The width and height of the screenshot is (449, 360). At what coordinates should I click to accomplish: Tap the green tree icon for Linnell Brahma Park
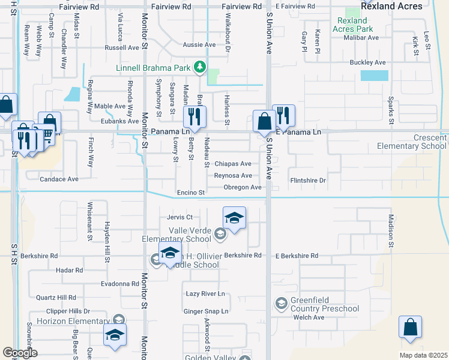pyautogui.click(x=202, y=67)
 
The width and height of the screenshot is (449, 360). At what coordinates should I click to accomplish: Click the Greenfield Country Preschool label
pyautogui.click(x=325, y=305)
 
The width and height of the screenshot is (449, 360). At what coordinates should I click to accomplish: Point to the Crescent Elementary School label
pyautogui.click(x=412, y=142)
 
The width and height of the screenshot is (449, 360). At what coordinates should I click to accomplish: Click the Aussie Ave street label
pyautogui.click(x=199, y=45)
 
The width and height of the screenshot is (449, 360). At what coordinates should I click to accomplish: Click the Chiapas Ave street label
pyautogui.click(x=233, y=164)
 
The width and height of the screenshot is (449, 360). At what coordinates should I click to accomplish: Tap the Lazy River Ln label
pyautogui.click(x=205, y=293)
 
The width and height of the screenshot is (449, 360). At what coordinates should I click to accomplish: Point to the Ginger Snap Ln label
pyautogui.click(x=206, y=311)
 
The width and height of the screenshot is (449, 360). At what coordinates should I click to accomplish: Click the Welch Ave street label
pyautogui.click(x=309, y=317)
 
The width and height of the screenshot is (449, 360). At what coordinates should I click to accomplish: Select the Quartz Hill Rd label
pyautogui.click(x=56, y=297)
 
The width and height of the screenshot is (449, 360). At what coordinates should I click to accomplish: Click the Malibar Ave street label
pyautogui.click(x=361, y=37)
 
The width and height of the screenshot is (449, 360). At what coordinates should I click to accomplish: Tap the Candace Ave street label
pyautogui.click(x=59, y=179)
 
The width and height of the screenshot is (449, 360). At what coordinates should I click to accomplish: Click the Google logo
pyautogui.click(x=20, y=353)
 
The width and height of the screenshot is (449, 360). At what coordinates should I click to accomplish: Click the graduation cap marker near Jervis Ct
pyautogui.click(x=234, y=217)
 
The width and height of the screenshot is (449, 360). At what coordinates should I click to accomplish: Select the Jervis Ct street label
pyautogui.click(x=180, y=217)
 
